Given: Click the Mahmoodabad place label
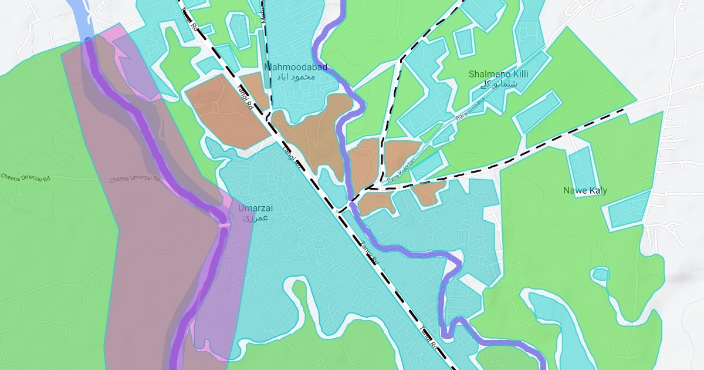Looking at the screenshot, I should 296,68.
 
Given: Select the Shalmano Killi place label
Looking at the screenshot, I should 499,75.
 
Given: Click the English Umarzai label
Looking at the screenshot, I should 255,208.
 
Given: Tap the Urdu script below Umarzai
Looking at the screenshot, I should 256,218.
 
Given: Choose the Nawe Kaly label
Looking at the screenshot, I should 585,191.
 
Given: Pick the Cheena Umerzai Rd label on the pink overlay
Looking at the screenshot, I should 135,179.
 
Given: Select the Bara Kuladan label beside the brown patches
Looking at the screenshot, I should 401,169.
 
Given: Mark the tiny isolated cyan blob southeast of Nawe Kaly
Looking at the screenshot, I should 600,274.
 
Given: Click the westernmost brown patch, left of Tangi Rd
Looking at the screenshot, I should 223,112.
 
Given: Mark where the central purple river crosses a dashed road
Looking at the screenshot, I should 350,202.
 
